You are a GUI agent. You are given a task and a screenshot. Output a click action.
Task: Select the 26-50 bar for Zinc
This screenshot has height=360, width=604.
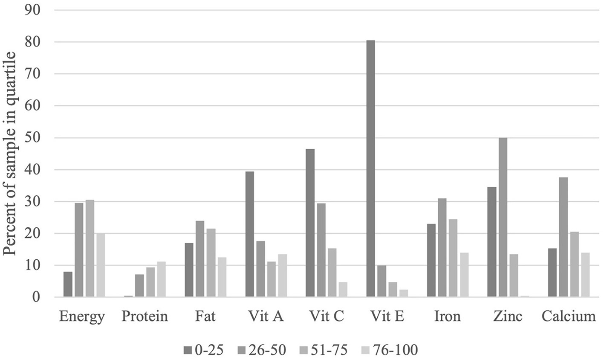point(503,218)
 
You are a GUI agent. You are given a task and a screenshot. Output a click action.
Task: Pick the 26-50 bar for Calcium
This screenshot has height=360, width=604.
point(563,237)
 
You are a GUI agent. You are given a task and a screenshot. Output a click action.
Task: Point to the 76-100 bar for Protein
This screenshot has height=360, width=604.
point(161,279)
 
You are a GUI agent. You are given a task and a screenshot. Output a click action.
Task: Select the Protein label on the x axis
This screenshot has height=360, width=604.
point(144,317)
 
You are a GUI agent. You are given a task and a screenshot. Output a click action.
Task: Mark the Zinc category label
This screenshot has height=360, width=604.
point(508,317)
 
